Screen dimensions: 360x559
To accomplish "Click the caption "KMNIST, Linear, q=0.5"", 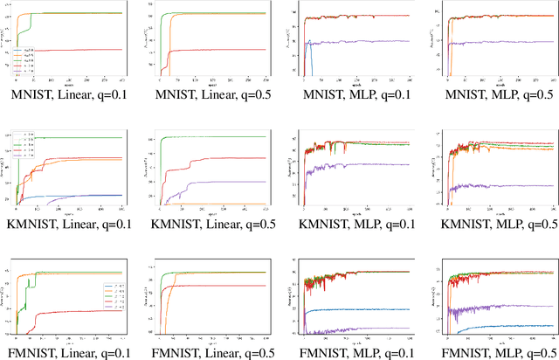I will pyautogui.click(x=212, y=223).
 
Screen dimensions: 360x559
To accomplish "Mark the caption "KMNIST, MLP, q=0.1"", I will pyautogui.click(x=352, y=223).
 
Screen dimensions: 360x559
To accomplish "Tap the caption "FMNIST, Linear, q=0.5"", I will pyautogui.click(x=212, y=352).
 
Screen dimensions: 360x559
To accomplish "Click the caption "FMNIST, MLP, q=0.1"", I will pyautogui.click(x=352, y=352).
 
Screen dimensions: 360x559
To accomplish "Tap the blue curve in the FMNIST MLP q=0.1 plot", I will pyautogui.click(x=367, y=309).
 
